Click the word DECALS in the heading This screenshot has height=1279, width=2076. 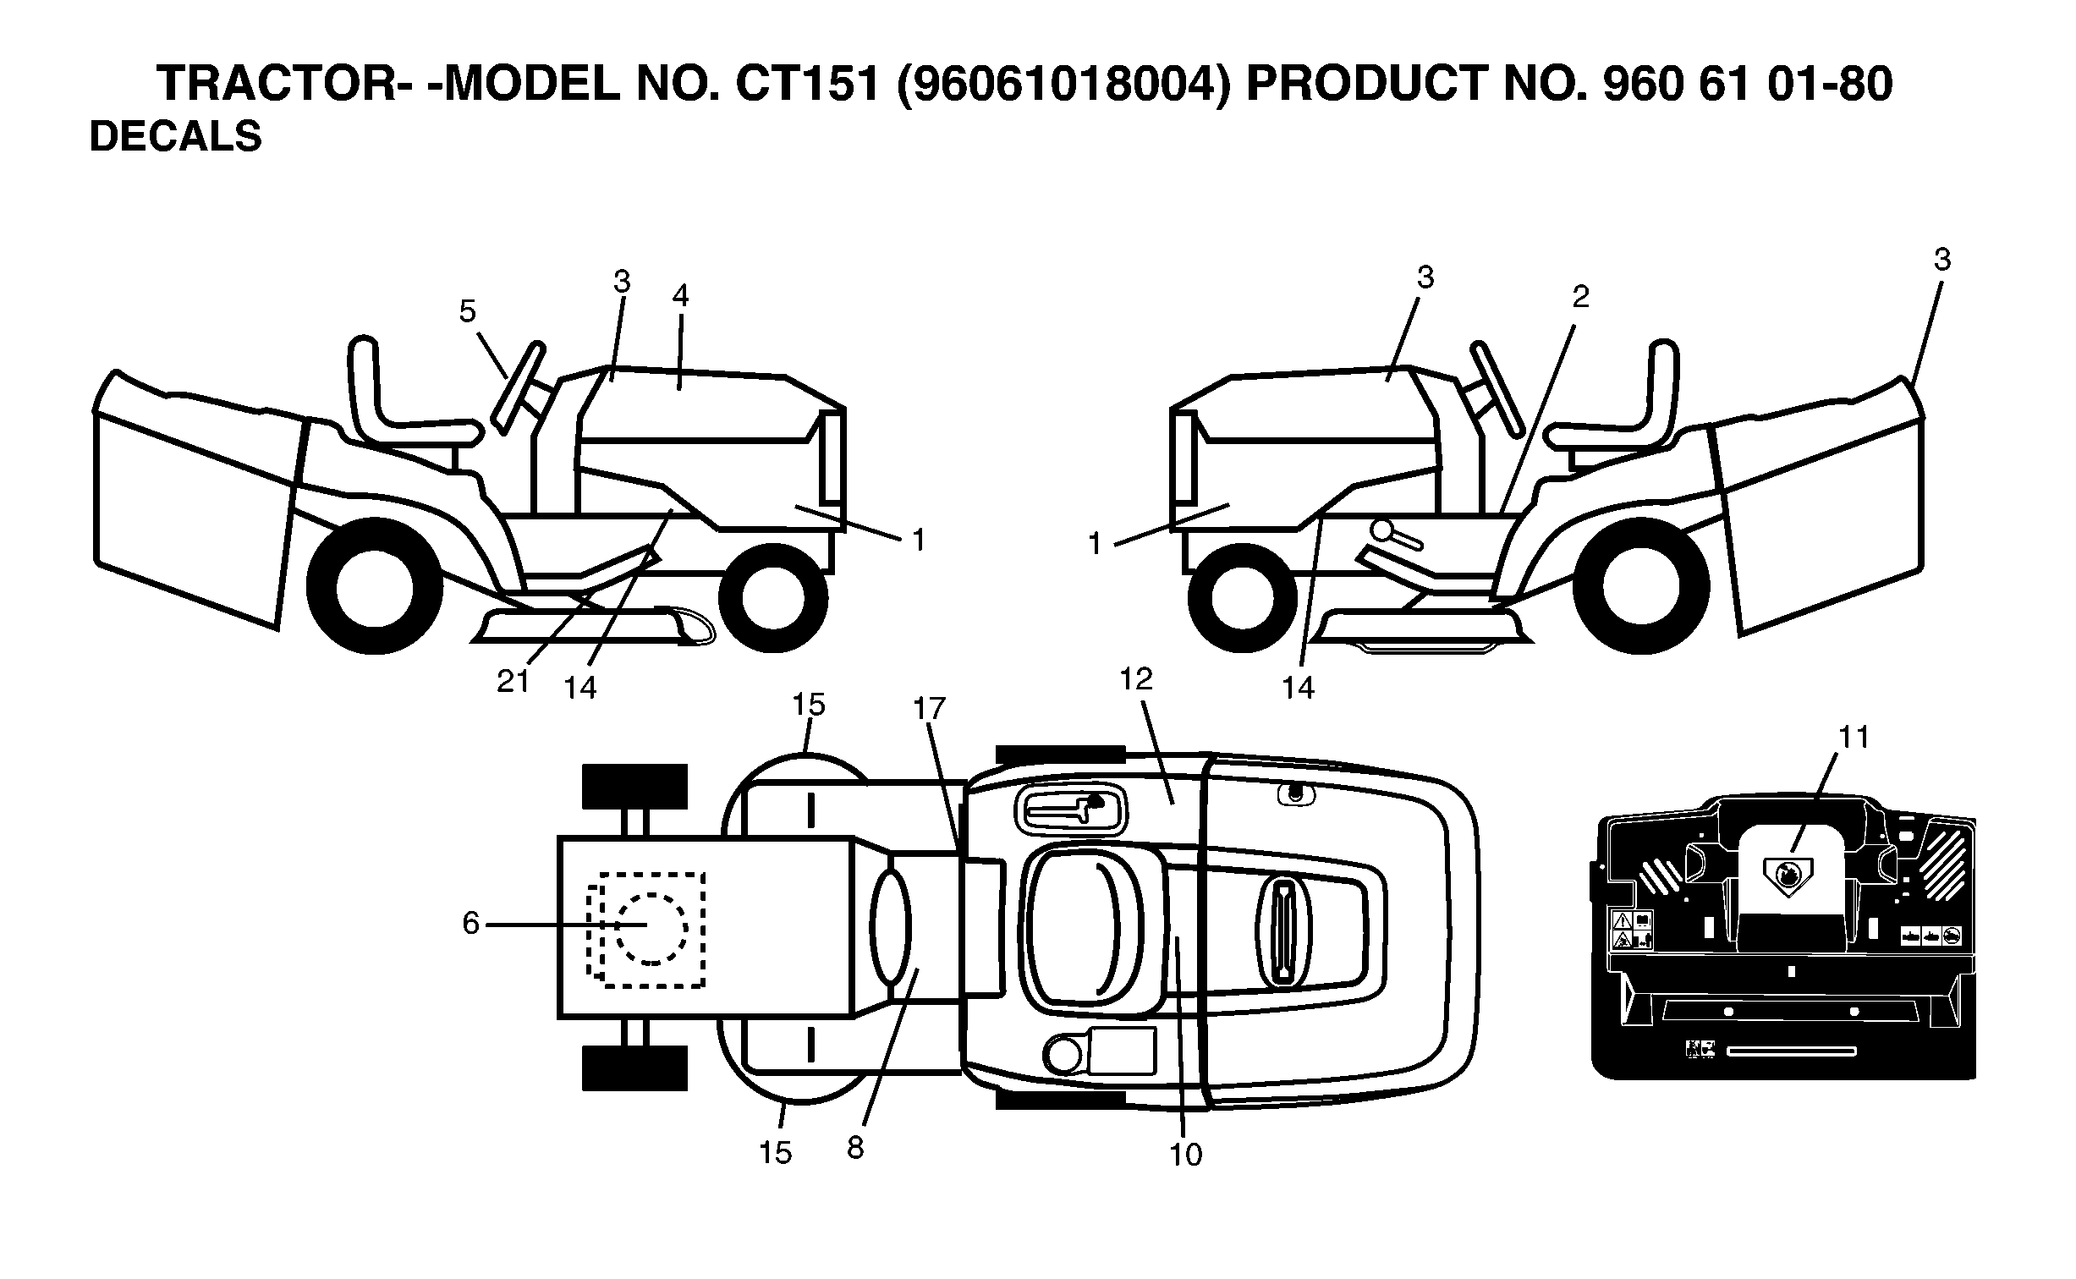tap(175, 136)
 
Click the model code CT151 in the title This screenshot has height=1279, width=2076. tap(809, 84)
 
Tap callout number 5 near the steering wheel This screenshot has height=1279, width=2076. tap(468, 311)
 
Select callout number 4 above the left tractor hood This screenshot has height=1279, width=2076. tap(680, 295)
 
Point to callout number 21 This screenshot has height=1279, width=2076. tap(513, 680)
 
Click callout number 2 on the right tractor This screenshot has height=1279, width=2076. tap(1580, 296)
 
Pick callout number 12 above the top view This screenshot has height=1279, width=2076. tap(1136, 678)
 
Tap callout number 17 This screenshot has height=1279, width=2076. tap(929, 708)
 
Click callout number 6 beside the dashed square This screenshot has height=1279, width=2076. tap(470, 923)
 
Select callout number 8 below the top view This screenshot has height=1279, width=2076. tap(855, 1148)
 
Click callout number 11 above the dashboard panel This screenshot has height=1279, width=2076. tap(1854, 737)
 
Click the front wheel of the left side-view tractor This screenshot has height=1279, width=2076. tap(772, 596)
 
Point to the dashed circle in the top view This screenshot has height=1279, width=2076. tap(651, 927)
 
